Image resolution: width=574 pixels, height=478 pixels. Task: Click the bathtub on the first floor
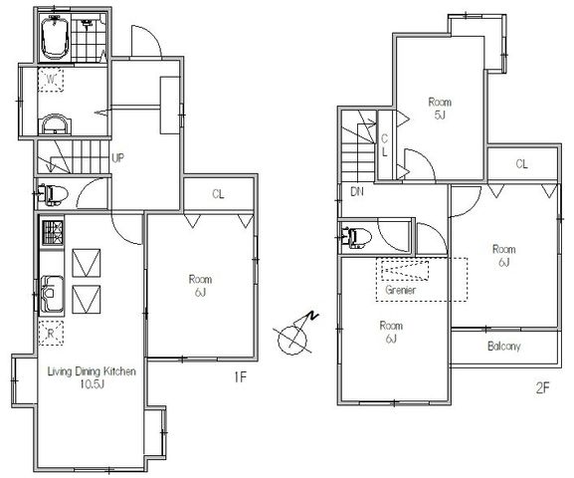(x=56, y=38)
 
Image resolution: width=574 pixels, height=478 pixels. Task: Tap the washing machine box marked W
(x=51, y=80)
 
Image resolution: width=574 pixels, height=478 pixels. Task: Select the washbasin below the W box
(x=55, y=124)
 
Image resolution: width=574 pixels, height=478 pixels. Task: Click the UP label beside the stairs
(x=117, y=158)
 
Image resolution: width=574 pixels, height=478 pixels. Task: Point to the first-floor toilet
(x=53, y=194)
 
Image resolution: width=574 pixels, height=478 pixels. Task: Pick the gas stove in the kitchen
(x=53, y=233)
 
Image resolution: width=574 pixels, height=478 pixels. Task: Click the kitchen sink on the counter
(x=52, y=294)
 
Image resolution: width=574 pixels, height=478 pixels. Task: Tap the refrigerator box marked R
(x=51, y=333)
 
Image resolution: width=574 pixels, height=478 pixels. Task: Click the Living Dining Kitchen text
(x=92, y=371)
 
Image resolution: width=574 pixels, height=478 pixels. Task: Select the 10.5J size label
(x=92, y=384)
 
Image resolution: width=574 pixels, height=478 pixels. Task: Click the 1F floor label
(x=240, y=376)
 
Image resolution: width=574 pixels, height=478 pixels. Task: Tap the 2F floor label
(x=542, y=387)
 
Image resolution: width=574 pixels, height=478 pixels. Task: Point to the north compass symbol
(x=294, y=336)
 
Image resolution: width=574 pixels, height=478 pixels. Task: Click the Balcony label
(x=503, y=346)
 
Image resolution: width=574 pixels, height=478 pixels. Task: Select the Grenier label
(x=400, y=291)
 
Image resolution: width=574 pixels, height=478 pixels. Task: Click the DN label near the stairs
(x=357, y=191)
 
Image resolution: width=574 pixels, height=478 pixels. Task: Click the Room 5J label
(x=440, y=109)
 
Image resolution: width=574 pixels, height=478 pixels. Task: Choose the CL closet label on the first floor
(x=218, y=194)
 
